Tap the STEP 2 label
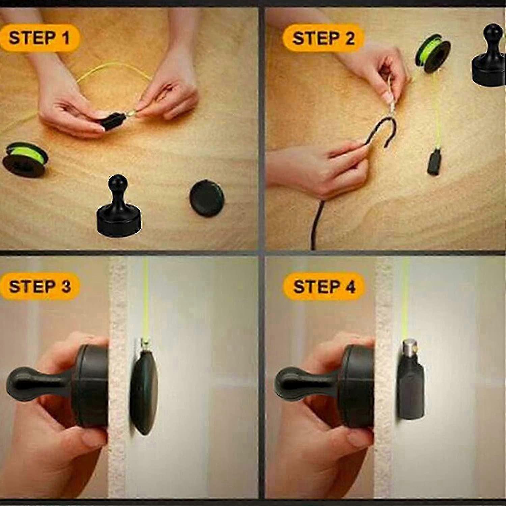(x=324, y=38)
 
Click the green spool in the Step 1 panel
(x=25, y=158)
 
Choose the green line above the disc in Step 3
(x=146, y=297)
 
